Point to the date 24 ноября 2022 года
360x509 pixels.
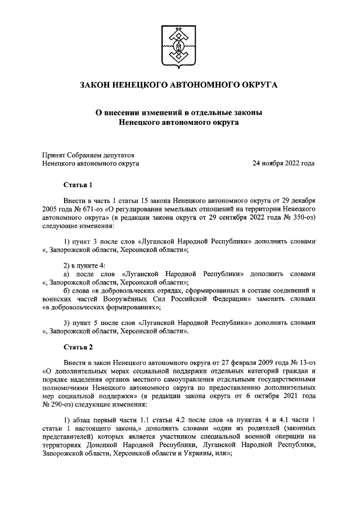pyautogui.click(x=283, y=164)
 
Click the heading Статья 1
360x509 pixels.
pyautogui.click(x=77, y=184)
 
